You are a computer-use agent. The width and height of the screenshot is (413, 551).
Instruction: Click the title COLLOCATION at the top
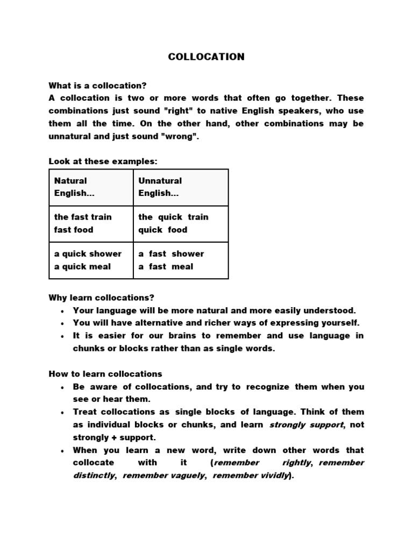(x=206, y=56)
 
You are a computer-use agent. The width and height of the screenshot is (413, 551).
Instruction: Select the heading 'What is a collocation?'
(x=97, y=86)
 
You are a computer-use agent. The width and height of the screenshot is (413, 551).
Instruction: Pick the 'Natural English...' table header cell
(x=91, y=187)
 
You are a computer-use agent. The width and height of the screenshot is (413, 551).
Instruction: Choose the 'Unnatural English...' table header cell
(x=181, y=187)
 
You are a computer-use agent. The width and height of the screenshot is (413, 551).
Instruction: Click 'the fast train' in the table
(x=83, y=217)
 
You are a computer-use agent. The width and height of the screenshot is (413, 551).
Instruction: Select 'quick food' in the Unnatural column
(x=163, y=230)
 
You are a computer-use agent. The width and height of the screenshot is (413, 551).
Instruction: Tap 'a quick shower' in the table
(x=88, y=253)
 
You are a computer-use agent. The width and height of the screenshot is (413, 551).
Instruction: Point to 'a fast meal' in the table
(x=166, y=266)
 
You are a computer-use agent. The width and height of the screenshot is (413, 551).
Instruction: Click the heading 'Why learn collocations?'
(x=101, y=298)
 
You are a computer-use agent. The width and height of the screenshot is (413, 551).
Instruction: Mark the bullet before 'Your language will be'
(x=63, y=311)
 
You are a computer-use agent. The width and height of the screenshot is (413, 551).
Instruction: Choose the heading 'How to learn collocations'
(x=105, y=374)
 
